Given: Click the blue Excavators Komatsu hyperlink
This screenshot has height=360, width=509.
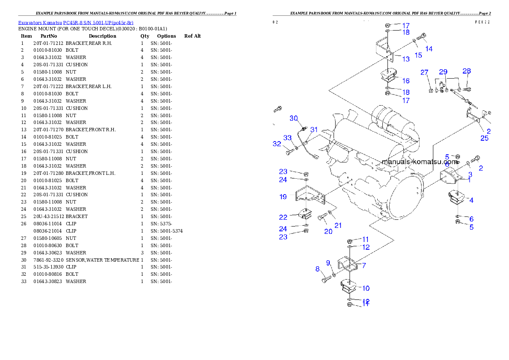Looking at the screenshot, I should click(75, 23).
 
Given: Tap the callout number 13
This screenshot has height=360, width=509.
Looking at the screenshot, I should click(405, 59).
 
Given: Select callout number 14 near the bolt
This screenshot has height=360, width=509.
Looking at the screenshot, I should click(429, 49).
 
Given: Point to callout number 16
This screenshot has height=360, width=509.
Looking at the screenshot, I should click(405, 80).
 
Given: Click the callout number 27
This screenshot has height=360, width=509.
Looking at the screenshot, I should click(424, 72).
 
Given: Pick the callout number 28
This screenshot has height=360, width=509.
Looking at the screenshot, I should click(467, 71).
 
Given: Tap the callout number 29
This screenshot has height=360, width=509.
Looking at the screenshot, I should click(443, 71).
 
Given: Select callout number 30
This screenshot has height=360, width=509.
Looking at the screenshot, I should click(293, 118).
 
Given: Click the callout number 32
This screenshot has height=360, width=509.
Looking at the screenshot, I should click(277, 144).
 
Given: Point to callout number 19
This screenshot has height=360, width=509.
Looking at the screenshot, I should click(283, 197).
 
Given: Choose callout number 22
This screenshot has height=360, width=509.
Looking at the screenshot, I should click(283, 217).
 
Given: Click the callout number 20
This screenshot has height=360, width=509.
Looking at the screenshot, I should click(328, 231).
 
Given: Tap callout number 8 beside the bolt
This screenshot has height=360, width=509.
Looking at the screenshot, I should click(317, 269).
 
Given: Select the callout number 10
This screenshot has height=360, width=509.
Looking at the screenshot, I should click(366, 288).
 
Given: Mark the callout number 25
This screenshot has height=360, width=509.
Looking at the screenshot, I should click(484, 138).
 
